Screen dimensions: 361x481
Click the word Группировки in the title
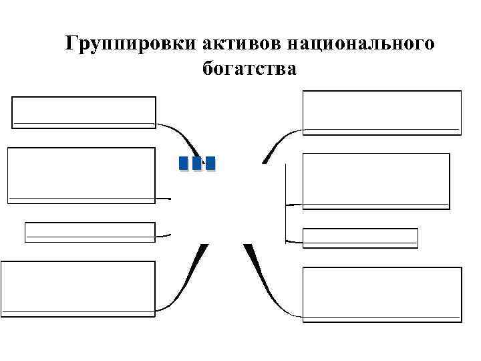click(131, 44)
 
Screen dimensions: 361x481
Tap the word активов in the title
click(240, 44)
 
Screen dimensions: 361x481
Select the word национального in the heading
click(360, 44)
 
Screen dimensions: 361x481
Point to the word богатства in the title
click(248, 68)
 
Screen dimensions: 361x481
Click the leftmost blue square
click(184, 163)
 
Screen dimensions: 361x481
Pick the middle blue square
click(197, 163)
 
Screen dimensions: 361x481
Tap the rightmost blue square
click(210, 163)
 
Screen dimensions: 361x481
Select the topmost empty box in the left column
click(84, 112)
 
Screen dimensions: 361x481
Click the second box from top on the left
click(81, 174)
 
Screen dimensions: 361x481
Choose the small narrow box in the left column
click(90, 231)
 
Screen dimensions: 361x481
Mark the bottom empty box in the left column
click(78, 287)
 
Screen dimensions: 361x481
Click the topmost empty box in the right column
click(381, 113)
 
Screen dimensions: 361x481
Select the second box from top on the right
click(375, 180)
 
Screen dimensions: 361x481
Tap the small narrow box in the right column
click(360, 238)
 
